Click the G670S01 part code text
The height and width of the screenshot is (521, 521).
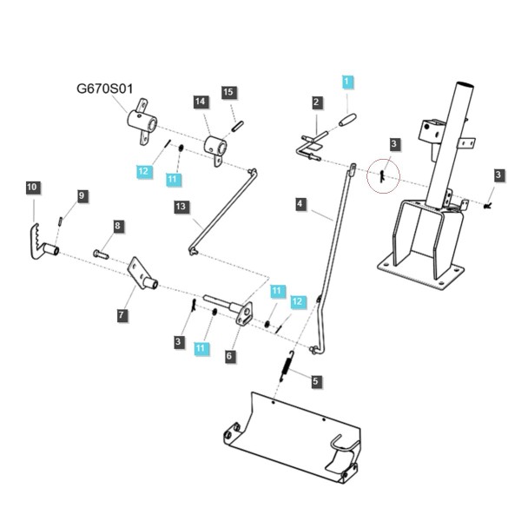pos(105,89)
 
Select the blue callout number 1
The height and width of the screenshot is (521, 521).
pos(347,82)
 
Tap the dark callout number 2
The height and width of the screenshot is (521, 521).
pos(316,102)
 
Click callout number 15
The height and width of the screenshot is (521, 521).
pos(228,92)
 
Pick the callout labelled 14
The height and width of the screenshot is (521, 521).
pos(201,102)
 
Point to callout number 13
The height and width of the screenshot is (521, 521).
pos(181,207)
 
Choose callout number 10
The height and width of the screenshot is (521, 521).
pos(32,187)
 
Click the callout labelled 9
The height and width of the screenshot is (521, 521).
pos(82,195)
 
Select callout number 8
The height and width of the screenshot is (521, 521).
pos(117,227)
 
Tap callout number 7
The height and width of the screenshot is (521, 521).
pos(122,314)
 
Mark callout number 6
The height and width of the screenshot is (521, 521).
pos(229,356)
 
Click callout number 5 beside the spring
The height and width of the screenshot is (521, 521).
pos(315,381)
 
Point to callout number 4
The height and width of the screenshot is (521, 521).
pos(300,204)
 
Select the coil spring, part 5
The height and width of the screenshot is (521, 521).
pos(287,366)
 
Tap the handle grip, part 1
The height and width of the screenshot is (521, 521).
pos(347,120)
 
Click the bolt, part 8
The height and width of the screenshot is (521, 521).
pos(101,254)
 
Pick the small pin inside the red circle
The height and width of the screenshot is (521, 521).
pos(382,176)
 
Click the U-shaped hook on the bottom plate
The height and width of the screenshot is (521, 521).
pos(342,445)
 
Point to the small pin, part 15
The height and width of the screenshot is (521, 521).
pos(238,127)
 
